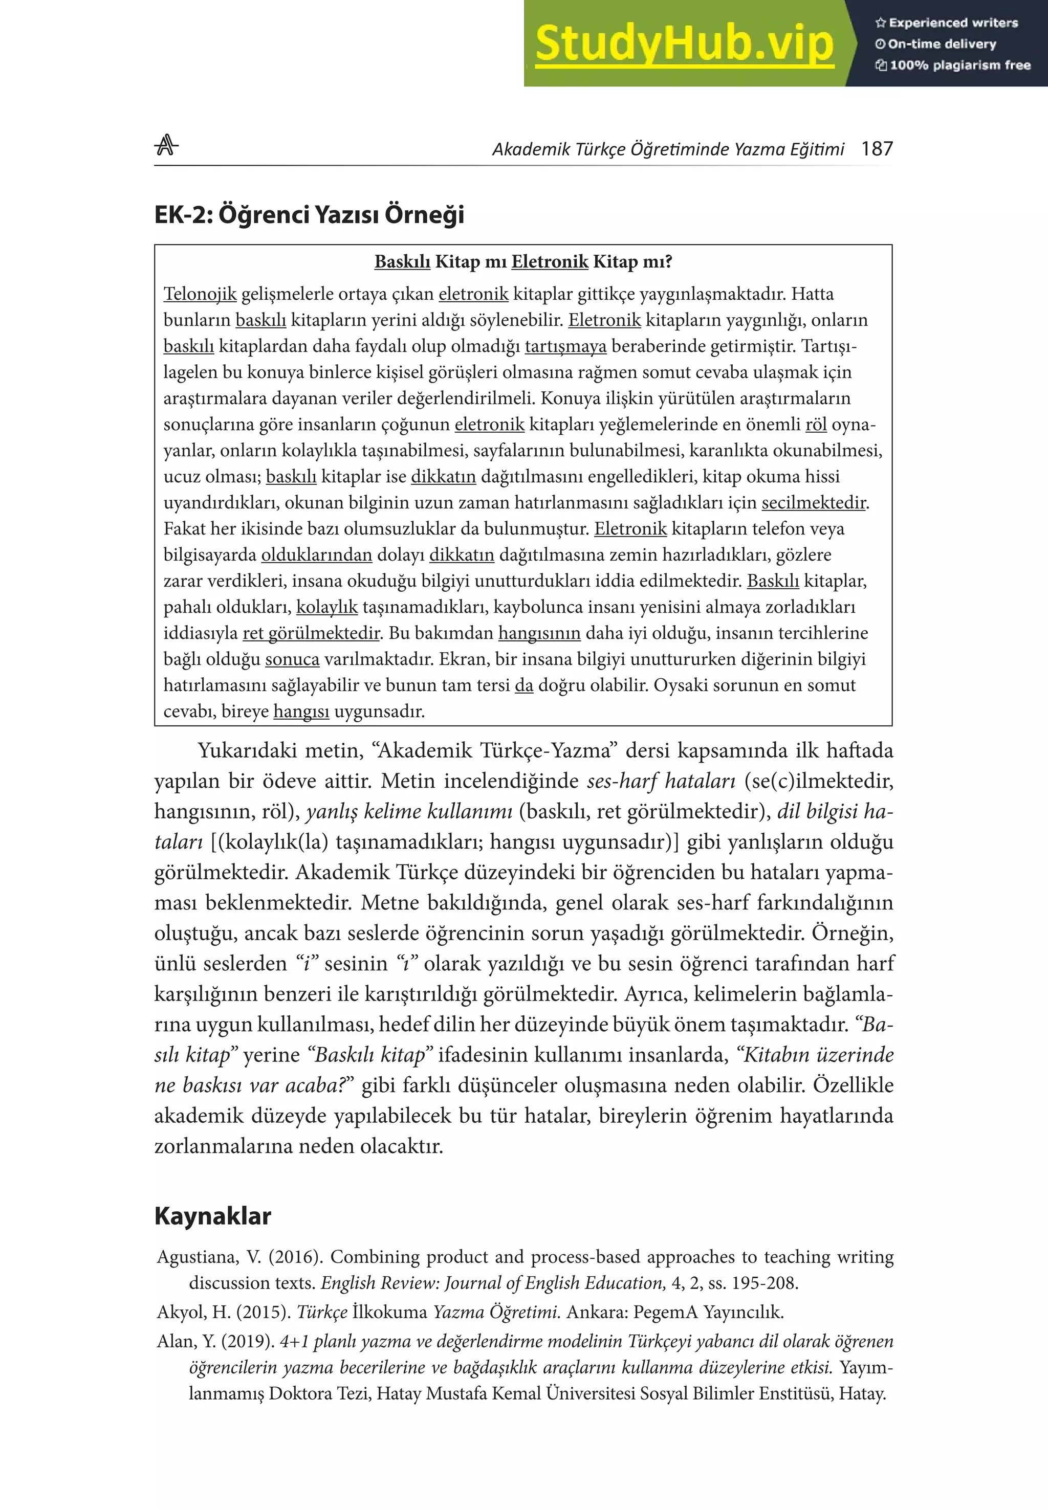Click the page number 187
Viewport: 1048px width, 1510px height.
[x=877, y=149]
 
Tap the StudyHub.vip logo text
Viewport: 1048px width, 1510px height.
[x=684, y=44]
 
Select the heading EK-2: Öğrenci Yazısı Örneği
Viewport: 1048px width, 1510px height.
[x=309, y=215]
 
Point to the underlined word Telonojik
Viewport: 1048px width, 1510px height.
[x=200, y=294]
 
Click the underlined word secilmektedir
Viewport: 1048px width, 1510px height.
[x=814, y=503]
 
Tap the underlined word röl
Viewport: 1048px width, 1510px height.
[x=816, y=425]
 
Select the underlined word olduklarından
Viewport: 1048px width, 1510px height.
[x=317, y=555]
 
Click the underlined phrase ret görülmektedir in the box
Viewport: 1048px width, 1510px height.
[x=311, y=633]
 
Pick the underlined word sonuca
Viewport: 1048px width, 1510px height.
[x=292, y=659]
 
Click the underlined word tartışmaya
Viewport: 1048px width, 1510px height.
[x=565, y=346]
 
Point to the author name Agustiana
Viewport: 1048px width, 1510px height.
[x=197, y=1257]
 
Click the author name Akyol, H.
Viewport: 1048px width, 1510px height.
[x=193, y=1313]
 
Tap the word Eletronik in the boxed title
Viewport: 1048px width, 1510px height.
[x=550, y=262]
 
